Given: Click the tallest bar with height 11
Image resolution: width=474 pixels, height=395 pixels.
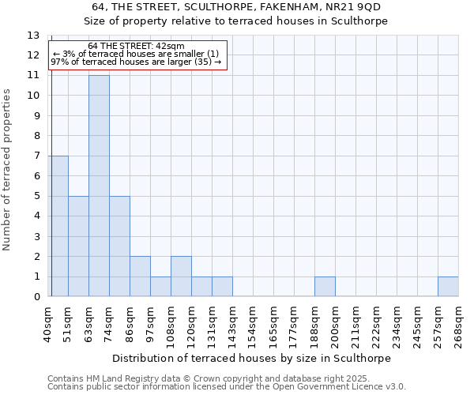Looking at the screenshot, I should pos(99,186).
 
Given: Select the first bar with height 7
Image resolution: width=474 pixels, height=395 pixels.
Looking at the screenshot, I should pos(58,226).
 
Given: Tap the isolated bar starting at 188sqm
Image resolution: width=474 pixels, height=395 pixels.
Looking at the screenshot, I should pos(325,287).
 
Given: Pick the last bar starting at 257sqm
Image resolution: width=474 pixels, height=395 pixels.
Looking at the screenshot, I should pos(448,287).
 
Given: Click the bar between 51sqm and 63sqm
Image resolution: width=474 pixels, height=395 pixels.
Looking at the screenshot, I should pos(78,246).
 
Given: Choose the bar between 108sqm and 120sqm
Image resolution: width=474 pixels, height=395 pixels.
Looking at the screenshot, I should pos(181,276).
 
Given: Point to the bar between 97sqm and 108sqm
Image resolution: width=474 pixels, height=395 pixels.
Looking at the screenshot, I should pos(160,287).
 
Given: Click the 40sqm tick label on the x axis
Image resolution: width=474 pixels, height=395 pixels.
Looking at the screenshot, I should pos(48,322).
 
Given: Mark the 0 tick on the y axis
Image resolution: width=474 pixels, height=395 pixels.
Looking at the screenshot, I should pos(36,297).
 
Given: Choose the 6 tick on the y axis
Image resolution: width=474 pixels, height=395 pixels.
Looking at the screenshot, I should pos(36,176).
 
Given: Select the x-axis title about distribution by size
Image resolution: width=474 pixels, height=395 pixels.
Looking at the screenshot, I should pos(254,358).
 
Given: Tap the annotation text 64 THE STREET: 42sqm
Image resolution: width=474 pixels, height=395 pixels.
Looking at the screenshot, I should pos(136,47).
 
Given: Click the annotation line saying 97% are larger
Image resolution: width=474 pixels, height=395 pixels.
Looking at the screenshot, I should pos(136,62).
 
